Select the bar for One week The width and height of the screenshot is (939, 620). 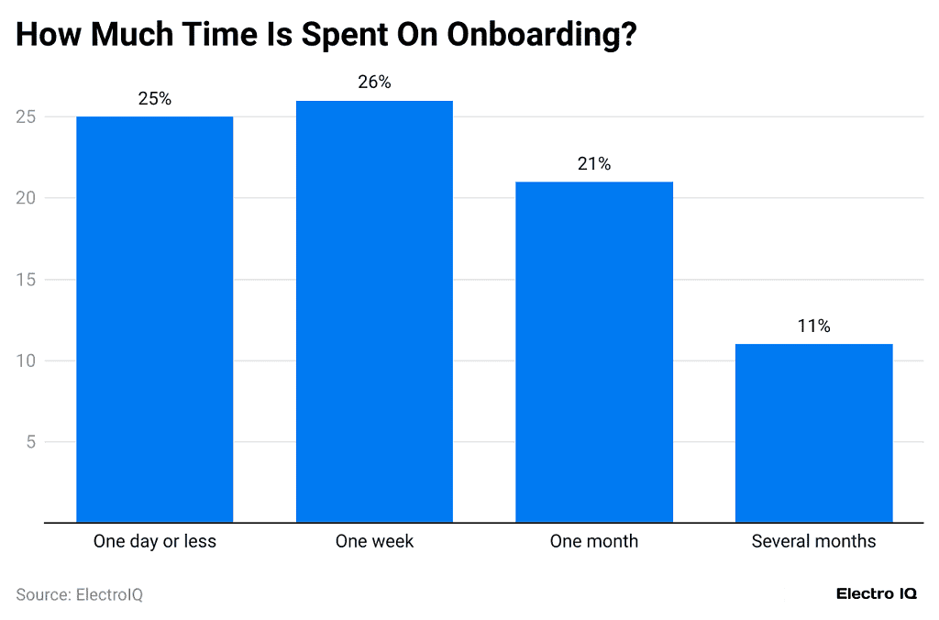click(x=374, y=312)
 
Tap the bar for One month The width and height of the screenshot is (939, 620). click(x=593, y=352)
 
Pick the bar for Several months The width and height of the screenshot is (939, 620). click(x=813, y=433)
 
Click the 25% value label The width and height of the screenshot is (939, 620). click(x=154, y=99)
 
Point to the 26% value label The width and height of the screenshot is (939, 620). click(x=374, y=83)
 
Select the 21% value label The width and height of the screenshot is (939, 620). click(x=593, y=164)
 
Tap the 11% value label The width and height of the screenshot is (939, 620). click(x=813, y=327)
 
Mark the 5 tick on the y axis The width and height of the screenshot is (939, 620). click(x=29, y=442)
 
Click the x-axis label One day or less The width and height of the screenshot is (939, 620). click(x=154, y=541)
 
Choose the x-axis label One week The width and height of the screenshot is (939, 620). click(x=374, y=541)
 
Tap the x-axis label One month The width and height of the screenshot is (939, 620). click(x=593, y=541)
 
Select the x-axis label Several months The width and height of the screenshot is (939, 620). click(x=813, y=541)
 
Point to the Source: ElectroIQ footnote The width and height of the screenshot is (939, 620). click(x=80, y=594)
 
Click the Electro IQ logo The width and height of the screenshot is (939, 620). click(x=876, y=594)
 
